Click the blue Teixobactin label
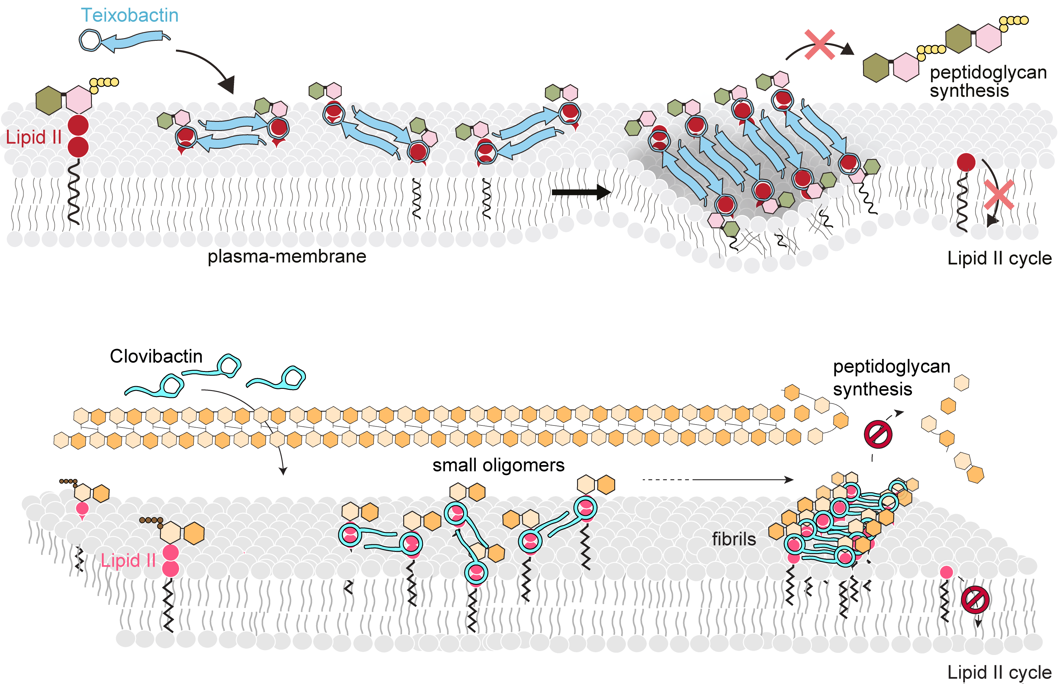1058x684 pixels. [x=130, y=15]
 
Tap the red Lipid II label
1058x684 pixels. [x=34, y=138]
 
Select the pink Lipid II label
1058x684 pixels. [x=128, y=561]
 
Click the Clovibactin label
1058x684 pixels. [x=156, y=357]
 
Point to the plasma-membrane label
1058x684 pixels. [x=287, y=257]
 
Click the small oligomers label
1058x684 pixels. [x=498, y=465]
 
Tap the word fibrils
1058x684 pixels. [x=734, y=539]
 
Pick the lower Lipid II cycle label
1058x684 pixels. [x=999, y=673]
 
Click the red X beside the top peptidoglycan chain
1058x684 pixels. [x=819, y=44]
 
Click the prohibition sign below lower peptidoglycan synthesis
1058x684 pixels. [x=878, y=435]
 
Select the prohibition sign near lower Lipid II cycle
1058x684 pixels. [x=975, y=600]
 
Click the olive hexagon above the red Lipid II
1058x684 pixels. [x=49, y=101]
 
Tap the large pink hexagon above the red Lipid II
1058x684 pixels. [x=79, y=100]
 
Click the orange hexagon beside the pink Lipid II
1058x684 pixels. [x=193, y=533]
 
